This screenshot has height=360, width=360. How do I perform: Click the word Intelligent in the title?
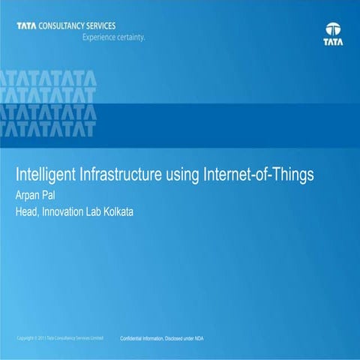(x=40, y=175)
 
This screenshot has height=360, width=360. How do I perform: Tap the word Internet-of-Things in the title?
(x=258, y=175)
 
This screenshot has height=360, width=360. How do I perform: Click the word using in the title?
(x=179, y=175)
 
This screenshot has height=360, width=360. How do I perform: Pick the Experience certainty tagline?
(x=113, y=36)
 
